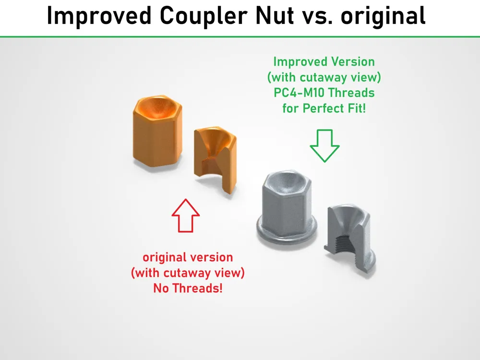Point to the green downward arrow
coord(324,146)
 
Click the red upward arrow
coord(185,215)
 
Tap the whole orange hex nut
coord(157,131)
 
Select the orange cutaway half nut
coord(215,160)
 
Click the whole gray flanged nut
coord(287,210)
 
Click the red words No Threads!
coord(188,288)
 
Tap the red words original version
coord(188,257)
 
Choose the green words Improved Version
coord(324,62)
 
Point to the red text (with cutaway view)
coord(188,273)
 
